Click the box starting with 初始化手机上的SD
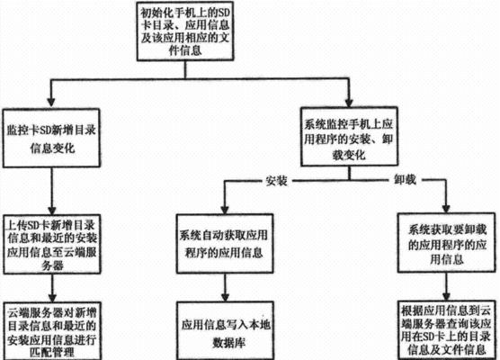point(185,31)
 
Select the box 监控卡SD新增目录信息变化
point(51,138)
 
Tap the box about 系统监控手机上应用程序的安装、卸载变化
point(349,137)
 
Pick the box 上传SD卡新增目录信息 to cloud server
point(52,244)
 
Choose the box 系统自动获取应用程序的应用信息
point(225,244)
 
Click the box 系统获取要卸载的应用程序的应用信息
point(446,243)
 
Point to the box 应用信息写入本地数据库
point(226,330)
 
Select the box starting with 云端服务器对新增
point(52,331)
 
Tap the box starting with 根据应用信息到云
point(447,330)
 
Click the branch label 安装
point(276,181)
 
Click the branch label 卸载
point(405,180)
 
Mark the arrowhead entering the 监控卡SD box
point(50,103)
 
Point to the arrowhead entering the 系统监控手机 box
point(349,102)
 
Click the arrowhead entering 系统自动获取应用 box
point(225,209)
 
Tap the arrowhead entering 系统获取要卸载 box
point(446,208)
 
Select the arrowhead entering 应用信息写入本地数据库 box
point(225,296)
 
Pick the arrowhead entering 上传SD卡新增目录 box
point(51,210)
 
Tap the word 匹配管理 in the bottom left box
point(52,352)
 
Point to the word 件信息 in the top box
point(185,50)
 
